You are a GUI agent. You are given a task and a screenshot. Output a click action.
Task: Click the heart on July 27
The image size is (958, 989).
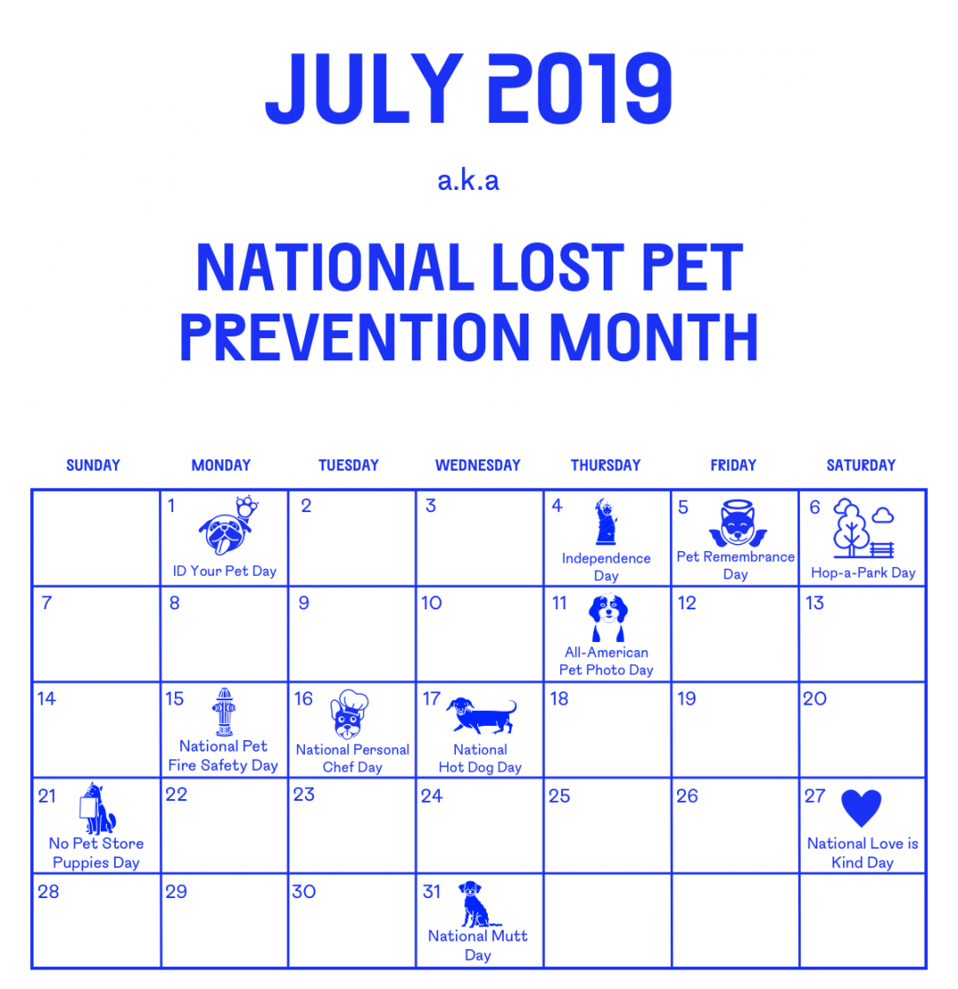pyautogui.click(x=861, y=808)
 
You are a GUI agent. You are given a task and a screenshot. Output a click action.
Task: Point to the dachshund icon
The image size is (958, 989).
pyautogui.click(x=482, y=715)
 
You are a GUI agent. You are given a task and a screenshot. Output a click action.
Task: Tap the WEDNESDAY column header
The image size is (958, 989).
pyautogui.click(x=477, y=465)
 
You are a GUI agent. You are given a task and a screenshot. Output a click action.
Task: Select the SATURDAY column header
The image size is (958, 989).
pyautogui.click(x=861, y=465)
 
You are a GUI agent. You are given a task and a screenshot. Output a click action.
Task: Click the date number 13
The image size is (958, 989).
pyautogui.click(x=815, y=603)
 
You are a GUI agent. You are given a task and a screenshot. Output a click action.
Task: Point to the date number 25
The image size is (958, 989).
pyautogui.click(x=559, y=796)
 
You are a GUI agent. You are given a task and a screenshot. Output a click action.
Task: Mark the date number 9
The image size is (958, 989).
pyautogui.click(x=304, y=603)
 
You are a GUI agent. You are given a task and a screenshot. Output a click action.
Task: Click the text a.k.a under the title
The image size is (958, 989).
pyautogui.click(x=468, y=181)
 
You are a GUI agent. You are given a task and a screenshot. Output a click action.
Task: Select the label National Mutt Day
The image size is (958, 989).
pyautogui.click(x=477, y=945)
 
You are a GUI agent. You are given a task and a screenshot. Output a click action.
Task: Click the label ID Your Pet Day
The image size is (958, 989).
pyautogui.click(x=224, y=570)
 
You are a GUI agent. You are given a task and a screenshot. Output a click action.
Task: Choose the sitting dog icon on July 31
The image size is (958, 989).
pyautogui.click(x=474, y=903)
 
